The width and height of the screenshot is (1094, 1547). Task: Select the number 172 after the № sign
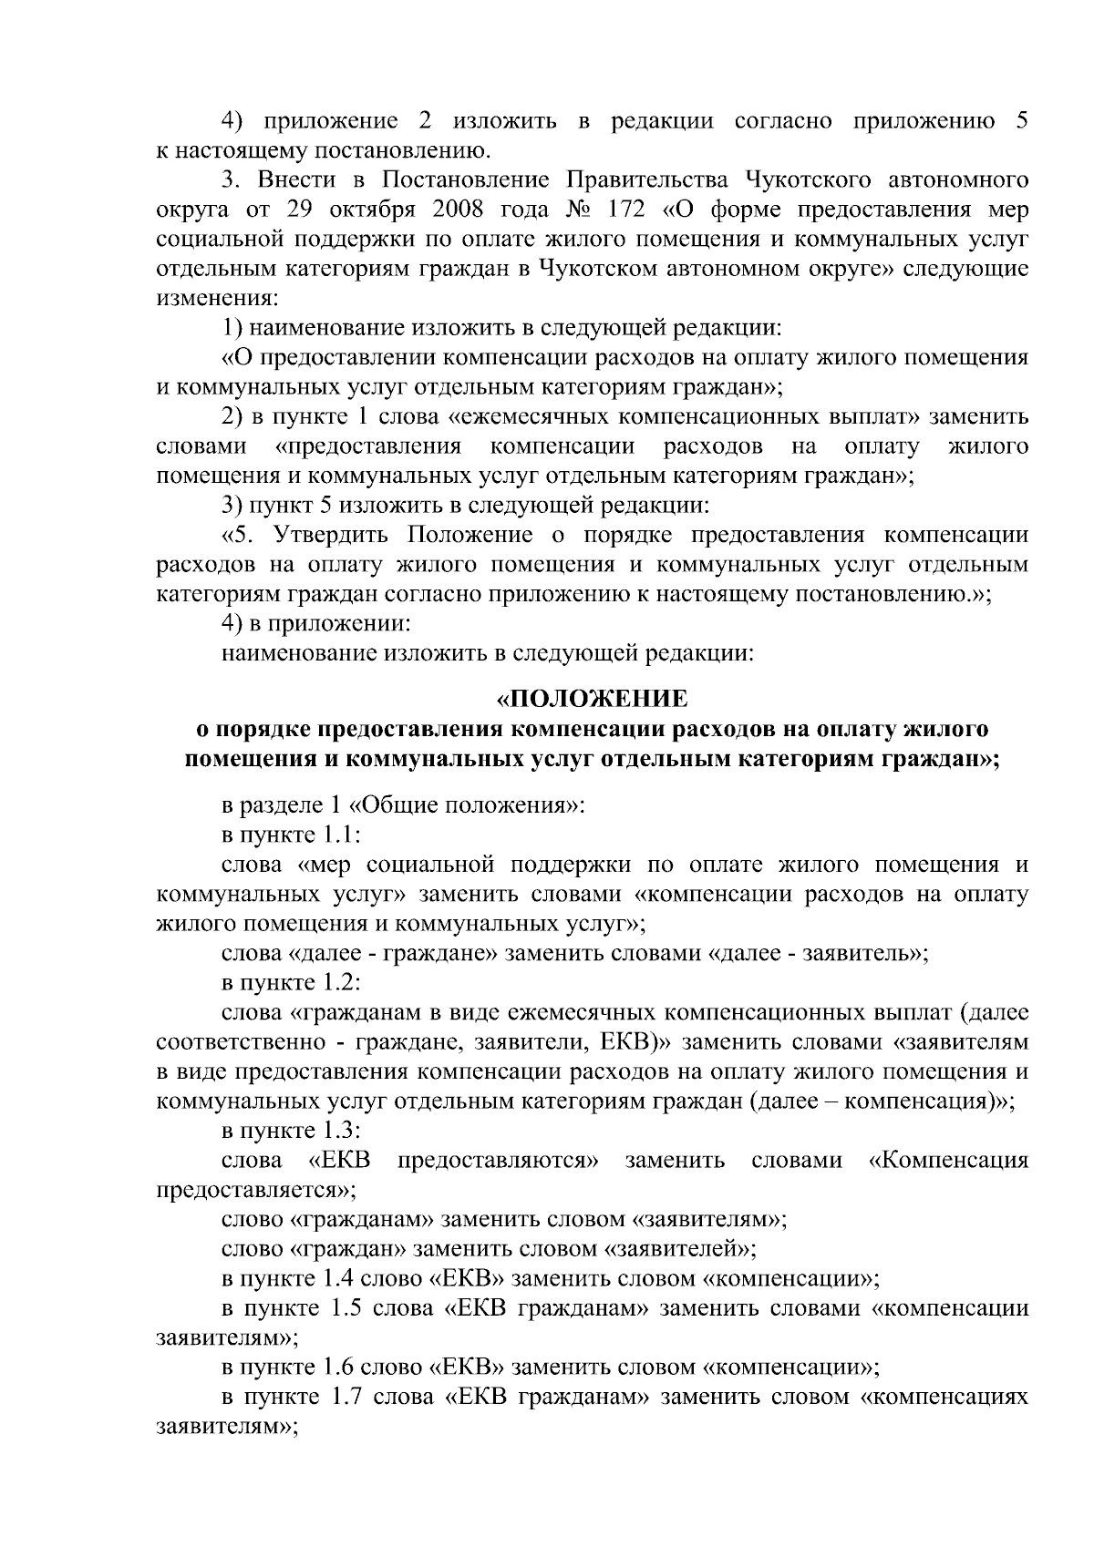621,210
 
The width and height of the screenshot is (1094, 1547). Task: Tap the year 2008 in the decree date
452,210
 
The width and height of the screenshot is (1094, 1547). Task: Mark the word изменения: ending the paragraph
217,298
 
